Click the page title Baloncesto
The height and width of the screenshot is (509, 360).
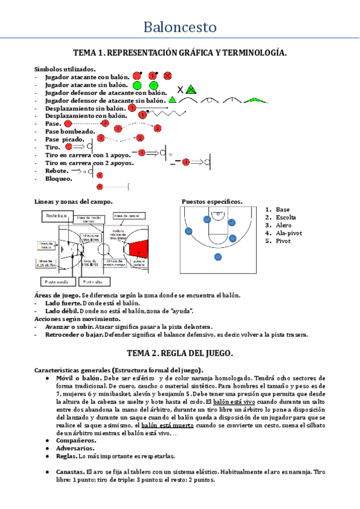pos(180,28)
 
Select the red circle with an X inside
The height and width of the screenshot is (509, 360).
pos(168,76)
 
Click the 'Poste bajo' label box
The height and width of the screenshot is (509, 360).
pos(58,215)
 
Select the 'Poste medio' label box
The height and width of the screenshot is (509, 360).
pos(58,280)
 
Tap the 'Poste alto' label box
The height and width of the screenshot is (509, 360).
pos(92,280)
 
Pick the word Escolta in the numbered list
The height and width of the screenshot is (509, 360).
pos(286,217)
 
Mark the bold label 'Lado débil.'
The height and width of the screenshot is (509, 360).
pos(63,312)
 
